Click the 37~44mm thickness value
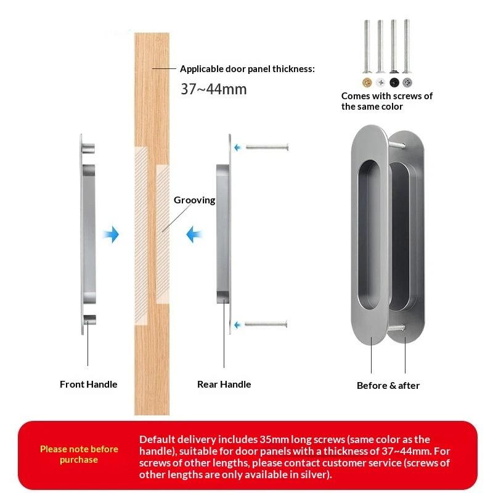tap(213, 89)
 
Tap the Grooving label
tap(194, 200)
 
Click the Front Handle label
tap(88, 384)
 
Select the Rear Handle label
tap(224, 384)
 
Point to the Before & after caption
tap(388, 385)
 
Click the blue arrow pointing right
tap(111, 234)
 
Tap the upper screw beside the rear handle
tap(267, 147)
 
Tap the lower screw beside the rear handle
tap(267, 324)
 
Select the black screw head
tap(394, 82)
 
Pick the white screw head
tap(380, 82)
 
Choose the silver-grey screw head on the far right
tap(407, 82)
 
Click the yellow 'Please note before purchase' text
tap(79, 454)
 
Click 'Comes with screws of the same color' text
tap(386, 101)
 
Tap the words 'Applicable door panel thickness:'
tap(247, 69)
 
